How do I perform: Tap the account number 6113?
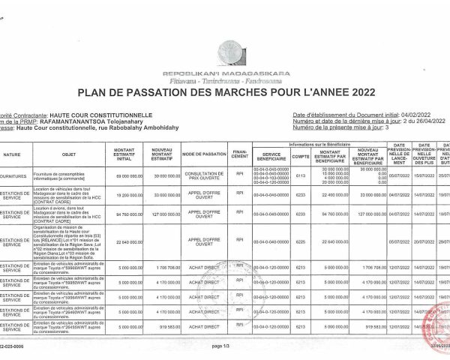pos(301,175)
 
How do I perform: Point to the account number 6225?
pos(301,241)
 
